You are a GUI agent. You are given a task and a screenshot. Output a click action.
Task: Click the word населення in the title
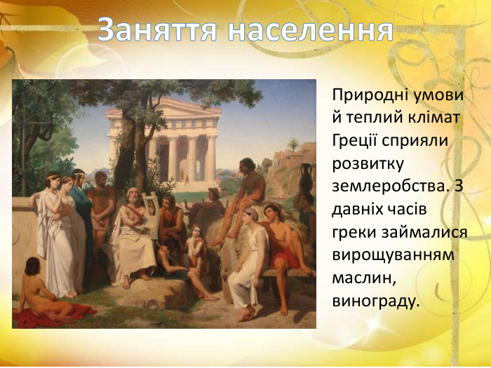[x=311, y=29]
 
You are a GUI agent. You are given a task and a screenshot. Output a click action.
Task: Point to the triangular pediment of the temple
[x=163, y=107]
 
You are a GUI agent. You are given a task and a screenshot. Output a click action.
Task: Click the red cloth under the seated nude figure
[x=56, y=315]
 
